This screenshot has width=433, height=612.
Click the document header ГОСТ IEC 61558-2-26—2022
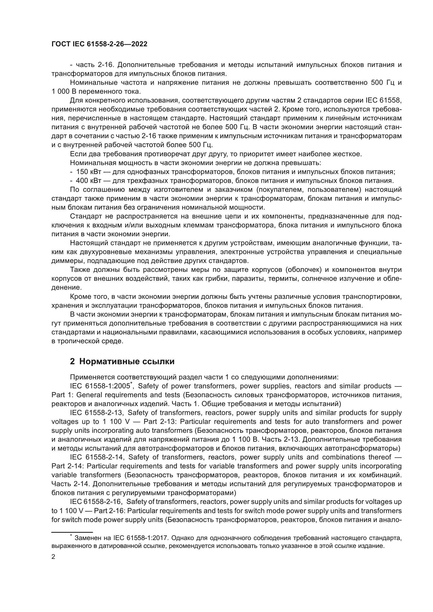pos(99,44)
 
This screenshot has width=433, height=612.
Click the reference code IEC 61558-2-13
pos(96,413)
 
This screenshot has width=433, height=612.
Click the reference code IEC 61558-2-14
pos(96,457)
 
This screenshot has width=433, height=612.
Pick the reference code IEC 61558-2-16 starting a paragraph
pos(96,502)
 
